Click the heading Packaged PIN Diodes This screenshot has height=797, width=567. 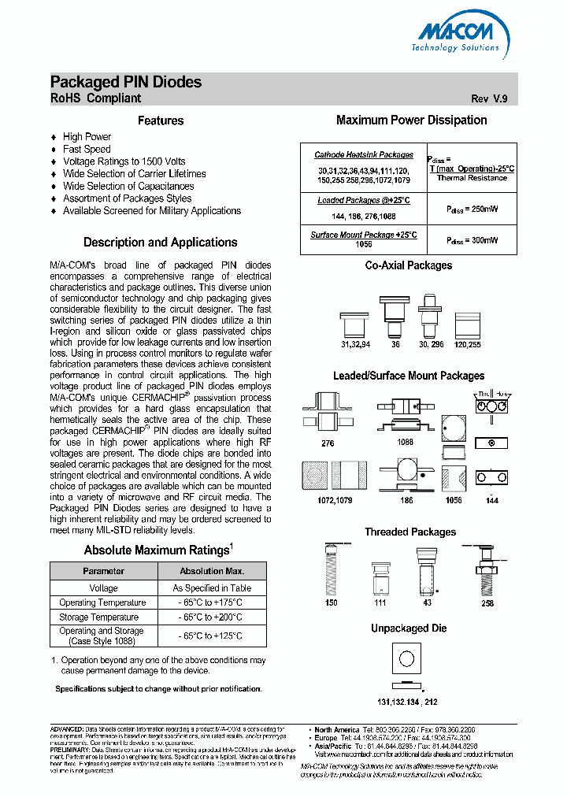126,82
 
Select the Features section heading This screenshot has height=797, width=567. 161,120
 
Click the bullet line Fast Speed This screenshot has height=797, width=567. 87,149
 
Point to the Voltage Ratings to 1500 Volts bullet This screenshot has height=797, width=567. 124,161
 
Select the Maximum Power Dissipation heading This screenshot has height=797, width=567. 411,120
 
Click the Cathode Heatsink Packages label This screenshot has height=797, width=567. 363,155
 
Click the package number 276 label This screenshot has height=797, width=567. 328,443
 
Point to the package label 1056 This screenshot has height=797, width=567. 454,500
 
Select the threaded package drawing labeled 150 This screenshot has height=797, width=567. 332,570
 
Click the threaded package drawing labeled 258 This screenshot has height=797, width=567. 487,571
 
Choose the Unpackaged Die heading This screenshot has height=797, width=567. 409,628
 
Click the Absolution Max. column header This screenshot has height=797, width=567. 212,571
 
